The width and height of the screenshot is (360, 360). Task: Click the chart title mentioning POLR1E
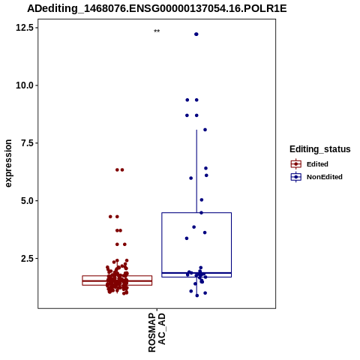tap(157, 9)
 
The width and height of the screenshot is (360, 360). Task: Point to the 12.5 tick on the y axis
tap(25, 28)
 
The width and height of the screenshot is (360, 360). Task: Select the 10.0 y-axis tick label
tap(25, 85)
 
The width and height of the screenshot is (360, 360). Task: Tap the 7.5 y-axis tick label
tap(27, 143)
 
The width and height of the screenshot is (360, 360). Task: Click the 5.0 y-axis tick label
tap(27, 201)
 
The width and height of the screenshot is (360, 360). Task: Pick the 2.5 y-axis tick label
tap(27, 258)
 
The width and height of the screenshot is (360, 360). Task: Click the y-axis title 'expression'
tap(8, 163)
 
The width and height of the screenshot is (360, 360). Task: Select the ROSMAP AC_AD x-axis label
tap(157, 332)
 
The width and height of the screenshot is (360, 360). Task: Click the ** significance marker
tap(157, 31)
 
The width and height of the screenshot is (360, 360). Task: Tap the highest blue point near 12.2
tap(196, 34)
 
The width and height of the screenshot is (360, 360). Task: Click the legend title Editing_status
tap(320, 149)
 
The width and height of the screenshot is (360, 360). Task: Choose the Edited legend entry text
tap(317, 164)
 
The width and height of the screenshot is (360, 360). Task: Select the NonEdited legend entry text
tap(325, 177)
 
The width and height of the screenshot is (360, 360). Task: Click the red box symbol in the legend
tap(296, 164)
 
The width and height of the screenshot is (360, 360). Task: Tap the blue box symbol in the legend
tap(296, 177)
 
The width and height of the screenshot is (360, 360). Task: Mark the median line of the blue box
tap(196, 273)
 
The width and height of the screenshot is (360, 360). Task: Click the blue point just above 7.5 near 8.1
tap(205, 130)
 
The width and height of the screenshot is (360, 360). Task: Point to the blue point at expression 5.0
tap(202, 199)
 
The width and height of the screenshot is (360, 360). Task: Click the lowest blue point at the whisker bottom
tap(197, 295)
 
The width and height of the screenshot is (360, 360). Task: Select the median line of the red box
tap(117, 281)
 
